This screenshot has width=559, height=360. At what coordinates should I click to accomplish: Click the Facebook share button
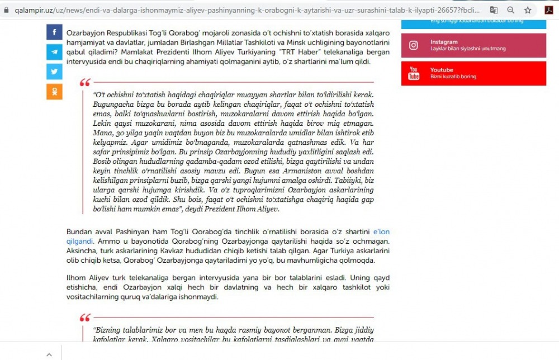coord(54,32)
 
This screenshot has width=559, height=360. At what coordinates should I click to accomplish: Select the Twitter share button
coord(54,72)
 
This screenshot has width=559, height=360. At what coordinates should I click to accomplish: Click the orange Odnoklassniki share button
coord(54,91)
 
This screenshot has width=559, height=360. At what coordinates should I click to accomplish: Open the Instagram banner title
coord(444,42)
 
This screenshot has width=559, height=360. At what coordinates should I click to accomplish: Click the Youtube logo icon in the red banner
coord(414,73)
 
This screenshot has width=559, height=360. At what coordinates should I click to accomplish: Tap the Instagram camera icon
coord(414,45)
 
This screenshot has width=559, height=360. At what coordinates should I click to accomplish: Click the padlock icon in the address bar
coord(6,10)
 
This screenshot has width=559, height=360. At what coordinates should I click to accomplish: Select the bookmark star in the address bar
coord(528,10)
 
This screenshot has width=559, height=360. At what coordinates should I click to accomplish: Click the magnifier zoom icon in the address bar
coord(511,10)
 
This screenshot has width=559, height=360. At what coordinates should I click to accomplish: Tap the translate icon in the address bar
coord(494,10)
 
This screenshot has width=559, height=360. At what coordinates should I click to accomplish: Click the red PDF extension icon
coord(549,10)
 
